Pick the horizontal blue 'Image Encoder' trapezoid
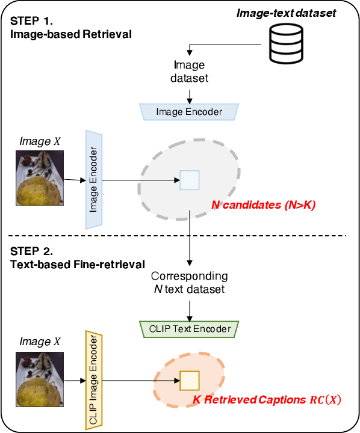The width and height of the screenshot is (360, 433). tap(189, 111)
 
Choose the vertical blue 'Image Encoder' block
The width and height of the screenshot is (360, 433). tap(94, 179)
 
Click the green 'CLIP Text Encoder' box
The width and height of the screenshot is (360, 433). tap(189, 329)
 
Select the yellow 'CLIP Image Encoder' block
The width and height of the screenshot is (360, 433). tap(93, 381)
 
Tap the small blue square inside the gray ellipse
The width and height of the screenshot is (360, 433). tap(190, 179)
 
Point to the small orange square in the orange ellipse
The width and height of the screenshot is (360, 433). tap(190, 381)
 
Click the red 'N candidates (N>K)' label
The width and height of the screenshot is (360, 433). tap(263, 206)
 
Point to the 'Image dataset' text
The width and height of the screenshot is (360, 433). tap(189, 71)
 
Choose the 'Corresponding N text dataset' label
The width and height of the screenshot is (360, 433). tap(189, 283)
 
